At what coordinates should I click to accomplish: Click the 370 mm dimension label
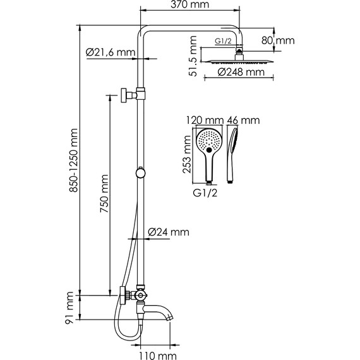[x=190, y=4]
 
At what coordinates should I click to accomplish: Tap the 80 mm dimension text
[x=278, y=40]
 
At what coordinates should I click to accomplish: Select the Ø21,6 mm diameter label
[x=111, y=52]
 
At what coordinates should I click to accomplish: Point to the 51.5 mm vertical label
[x=193, y=56]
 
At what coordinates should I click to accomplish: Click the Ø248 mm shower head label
[x=241, y=72]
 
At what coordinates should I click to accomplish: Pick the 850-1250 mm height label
[x=74, y=160]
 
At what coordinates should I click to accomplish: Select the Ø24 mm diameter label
[x=169, y=232]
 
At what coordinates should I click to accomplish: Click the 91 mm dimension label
[x=69, y=308]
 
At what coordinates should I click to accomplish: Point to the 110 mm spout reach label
[x=158, y=356]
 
